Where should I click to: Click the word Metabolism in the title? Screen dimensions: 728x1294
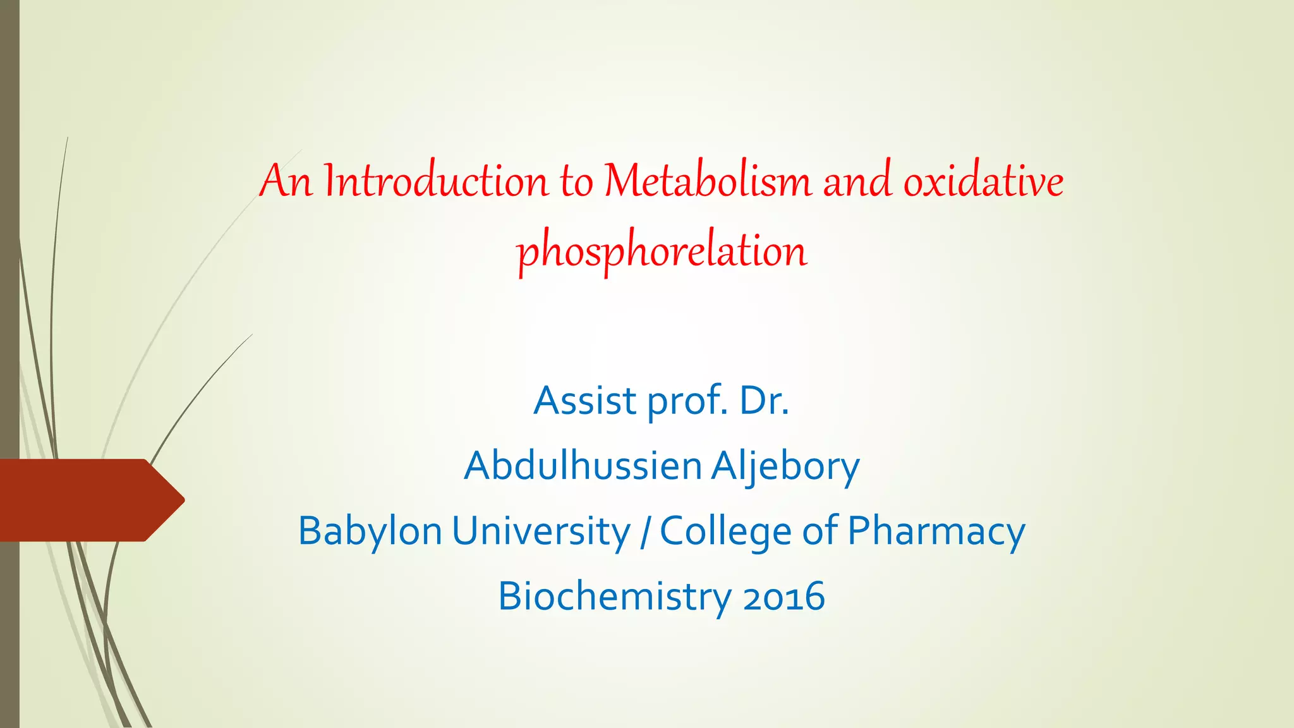coord(707,181)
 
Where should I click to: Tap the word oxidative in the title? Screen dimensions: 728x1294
coord(983,181)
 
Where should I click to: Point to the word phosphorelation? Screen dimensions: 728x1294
coord(662,252)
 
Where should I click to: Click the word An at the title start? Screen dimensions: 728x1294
coord(286,181)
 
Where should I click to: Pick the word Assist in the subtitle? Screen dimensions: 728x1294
coord(585,401)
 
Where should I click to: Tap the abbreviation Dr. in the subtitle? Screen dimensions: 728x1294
coord(764,401)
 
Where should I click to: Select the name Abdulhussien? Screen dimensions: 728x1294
coord(583,466)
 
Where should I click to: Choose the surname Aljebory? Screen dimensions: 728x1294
coord(785,467)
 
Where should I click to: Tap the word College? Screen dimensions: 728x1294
coord(725,531)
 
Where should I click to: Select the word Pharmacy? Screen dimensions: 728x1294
coord(936,531)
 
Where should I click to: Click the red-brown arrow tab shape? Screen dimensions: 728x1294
coord(88,500)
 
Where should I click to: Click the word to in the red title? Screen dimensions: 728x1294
coord(576,181)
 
